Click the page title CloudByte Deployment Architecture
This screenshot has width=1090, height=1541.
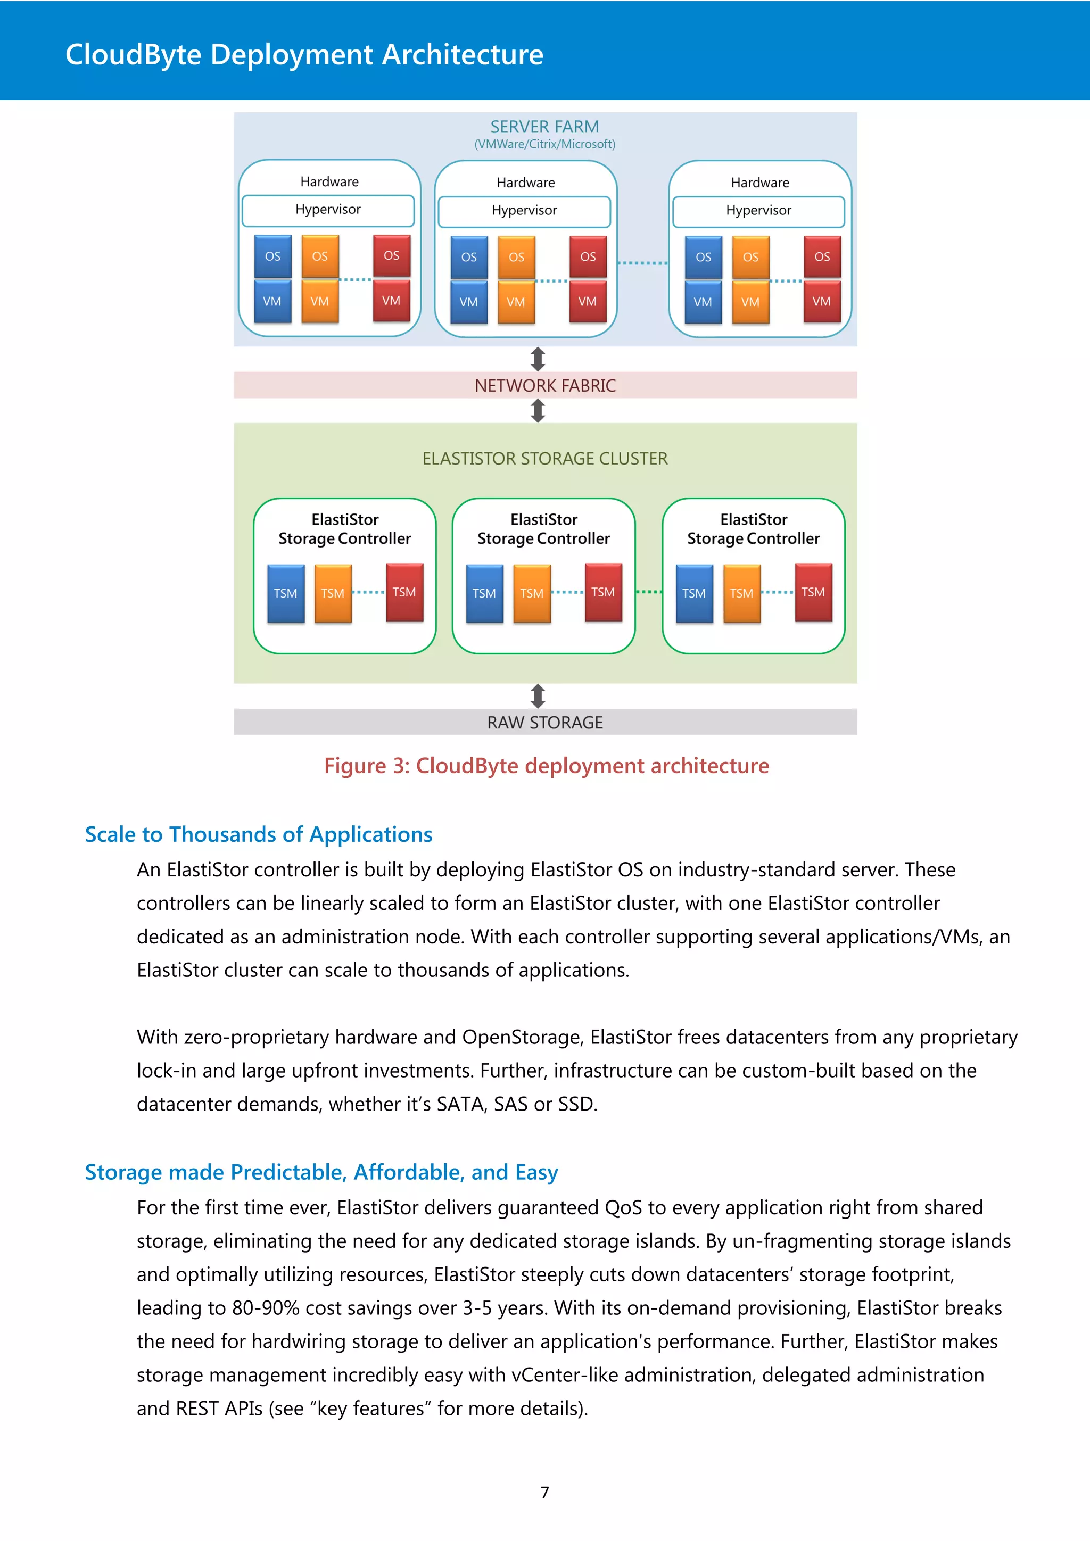[x=304, y=54]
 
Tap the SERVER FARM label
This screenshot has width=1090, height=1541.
[x=544, y=127]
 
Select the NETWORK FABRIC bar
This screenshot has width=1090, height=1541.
[x=545, y=385]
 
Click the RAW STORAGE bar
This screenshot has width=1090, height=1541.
[x=545, y=722]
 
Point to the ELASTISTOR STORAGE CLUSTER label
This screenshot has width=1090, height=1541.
[x=545, y=458]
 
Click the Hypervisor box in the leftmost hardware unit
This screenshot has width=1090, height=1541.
[x=328, y=210]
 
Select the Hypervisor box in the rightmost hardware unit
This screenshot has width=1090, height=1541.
[x=758, y=211]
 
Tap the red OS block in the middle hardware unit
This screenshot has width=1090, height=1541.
[x=588, y=256]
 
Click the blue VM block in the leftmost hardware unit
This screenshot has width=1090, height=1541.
[x=272, y=301]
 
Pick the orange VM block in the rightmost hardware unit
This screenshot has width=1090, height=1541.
[x=750, y=302]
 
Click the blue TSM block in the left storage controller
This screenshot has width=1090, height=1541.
[x=285, y=593]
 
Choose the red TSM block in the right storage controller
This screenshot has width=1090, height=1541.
[x=813, y=592]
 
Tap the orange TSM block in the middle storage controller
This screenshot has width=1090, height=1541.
[x=532, y=593]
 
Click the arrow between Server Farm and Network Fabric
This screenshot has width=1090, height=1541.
[x=538, y=359]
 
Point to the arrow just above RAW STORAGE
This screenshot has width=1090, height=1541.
[x=538, y=696]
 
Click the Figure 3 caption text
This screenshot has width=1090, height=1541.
[x=547, y=766]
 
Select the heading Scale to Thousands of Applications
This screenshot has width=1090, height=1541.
[x=259, y=834]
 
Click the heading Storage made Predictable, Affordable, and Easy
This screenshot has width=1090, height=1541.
[x=321, y=1172]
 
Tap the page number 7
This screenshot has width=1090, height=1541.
[x=545, y=1492]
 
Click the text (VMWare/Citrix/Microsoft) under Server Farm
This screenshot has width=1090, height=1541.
[x=544, y=144]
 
